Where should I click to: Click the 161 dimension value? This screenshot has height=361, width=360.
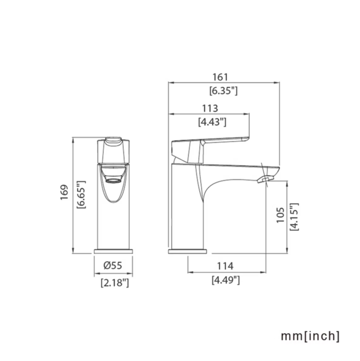click(220, 77)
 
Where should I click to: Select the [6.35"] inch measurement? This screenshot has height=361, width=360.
click(223, 91)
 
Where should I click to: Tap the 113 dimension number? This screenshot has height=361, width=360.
click(210, 108)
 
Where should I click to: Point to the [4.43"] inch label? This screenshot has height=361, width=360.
click(212, 122)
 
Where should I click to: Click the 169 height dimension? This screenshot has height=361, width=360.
click(64, 192)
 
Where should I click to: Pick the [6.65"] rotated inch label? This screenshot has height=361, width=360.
click(81, 195)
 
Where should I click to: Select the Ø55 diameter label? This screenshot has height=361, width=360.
click(113, 265)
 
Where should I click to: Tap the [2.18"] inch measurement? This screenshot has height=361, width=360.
click(115, 282)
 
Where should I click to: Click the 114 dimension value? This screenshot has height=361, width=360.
click(225, 266)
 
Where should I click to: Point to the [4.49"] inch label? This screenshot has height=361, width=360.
click(226, 280)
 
